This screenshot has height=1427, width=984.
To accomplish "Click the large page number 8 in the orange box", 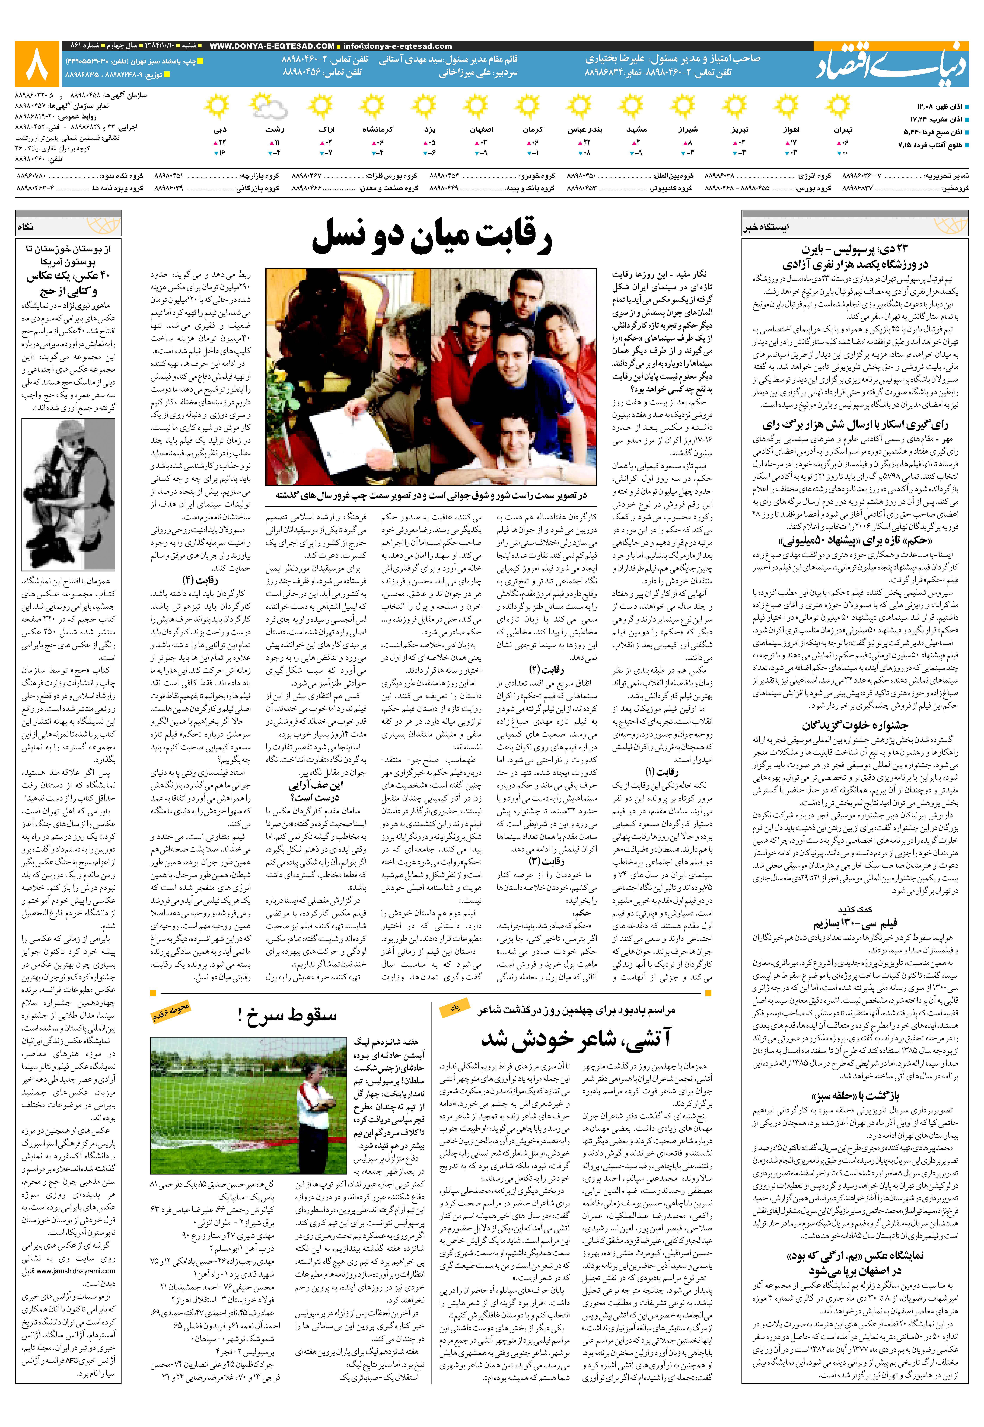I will [37, 64].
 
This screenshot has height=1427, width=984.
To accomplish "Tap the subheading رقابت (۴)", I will [197, 580].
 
